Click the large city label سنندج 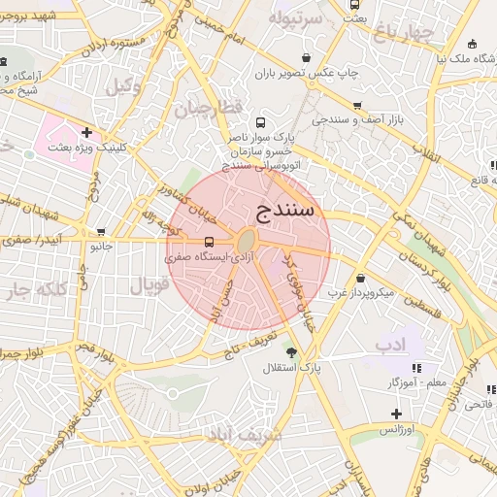point(287,209)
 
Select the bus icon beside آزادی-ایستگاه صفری point(209,243)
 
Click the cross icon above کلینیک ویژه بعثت point(87,132)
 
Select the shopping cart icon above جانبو point(102,231)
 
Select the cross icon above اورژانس point(396,413)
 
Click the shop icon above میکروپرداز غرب point(360,277)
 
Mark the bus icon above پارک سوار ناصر point(259,122)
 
